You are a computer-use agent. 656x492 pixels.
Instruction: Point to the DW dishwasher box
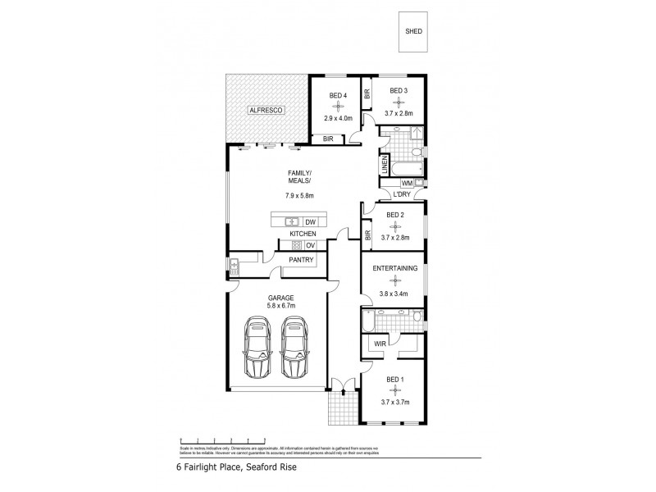tap(310, 222)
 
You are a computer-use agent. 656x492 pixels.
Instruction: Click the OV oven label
tap(310, 245)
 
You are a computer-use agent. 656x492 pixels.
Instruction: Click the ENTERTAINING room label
tap(395, 268)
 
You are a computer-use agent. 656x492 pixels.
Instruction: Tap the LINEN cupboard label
tap(384, 166)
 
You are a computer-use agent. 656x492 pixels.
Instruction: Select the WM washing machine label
tap(406, 182)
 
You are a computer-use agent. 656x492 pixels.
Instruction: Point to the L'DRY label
tap(402, 194)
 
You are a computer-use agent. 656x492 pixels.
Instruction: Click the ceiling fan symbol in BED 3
tap(399, 102)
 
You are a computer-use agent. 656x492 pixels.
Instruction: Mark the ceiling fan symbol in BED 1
tap(395, 391)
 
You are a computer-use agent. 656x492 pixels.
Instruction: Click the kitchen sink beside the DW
tap(291, 222)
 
